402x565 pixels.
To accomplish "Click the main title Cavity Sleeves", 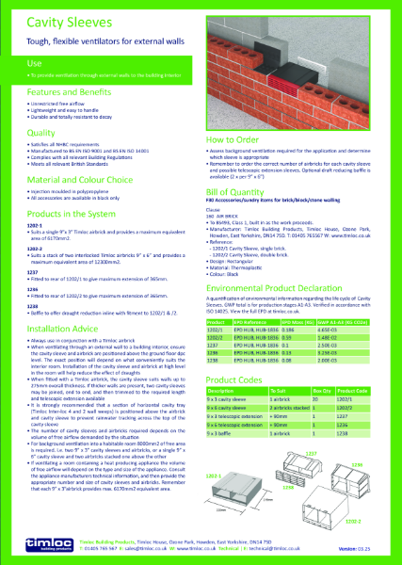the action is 57,19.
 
